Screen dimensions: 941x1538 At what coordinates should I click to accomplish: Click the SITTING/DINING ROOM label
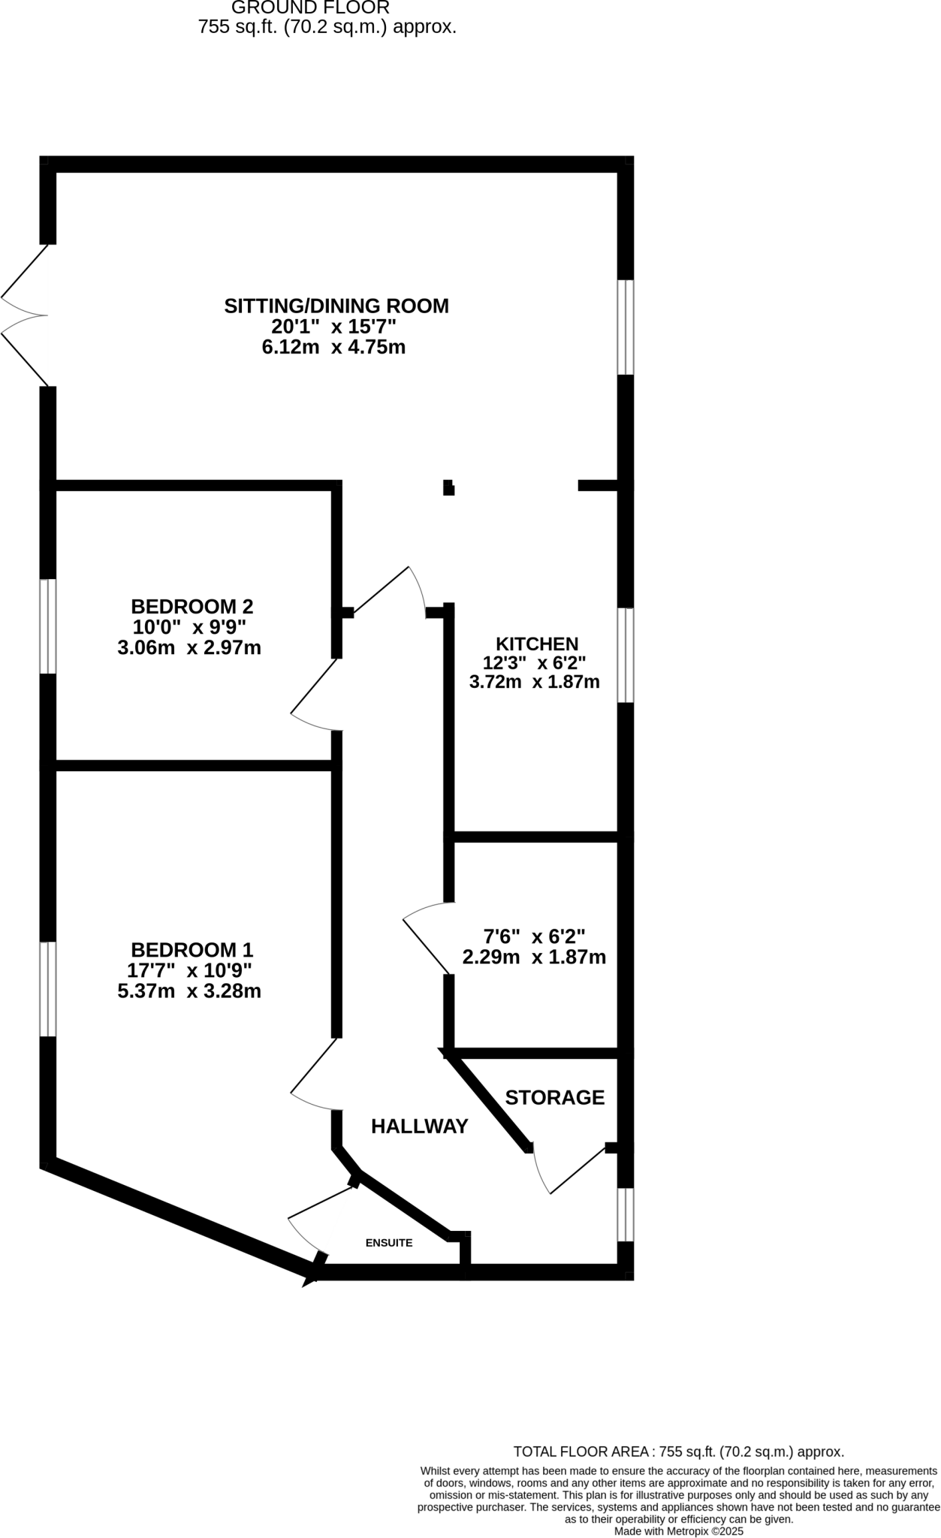click(x=336, y=306)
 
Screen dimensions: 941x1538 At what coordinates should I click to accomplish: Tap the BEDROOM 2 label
click(x=192, y=606)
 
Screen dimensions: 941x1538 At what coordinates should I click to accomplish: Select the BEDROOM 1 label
click(x=192, y=949)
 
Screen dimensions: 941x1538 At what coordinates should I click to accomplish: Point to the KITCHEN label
click(x=537, y=644)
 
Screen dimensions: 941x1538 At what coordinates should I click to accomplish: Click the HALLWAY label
click(x=419, y=1126)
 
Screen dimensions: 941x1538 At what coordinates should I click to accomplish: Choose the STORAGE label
click(x=554, y=1097)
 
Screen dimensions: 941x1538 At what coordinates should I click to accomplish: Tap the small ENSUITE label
click(x=389, y=1243)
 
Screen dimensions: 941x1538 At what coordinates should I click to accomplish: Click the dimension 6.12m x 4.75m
click(x=333, y=347)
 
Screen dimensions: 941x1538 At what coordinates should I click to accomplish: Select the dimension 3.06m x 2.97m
click(x=189, y=647)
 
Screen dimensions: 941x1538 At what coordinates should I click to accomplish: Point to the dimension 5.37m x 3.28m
click(x=189, y=991)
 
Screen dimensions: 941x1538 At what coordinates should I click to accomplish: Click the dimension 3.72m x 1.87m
click(x=534, y=682)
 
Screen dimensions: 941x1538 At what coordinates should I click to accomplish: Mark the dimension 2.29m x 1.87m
click(x=534, y=957)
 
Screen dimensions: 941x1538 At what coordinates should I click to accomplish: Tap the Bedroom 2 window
click(x=48, y=626)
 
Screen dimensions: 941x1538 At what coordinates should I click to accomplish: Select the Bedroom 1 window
click(x=48, y=989)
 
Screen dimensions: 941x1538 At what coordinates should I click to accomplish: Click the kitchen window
click(x=626, y=656)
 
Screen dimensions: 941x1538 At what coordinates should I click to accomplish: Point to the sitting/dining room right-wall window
click(x=626, y=327)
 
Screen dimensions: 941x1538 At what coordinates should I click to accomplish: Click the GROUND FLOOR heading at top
click(x=310, y=8)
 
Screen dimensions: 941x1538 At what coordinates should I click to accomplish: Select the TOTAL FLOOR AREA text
click(x=678, y=1452)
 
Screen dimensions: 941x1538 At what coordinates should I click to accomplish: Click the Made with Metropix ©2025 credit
click(x=678, y=1530)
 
